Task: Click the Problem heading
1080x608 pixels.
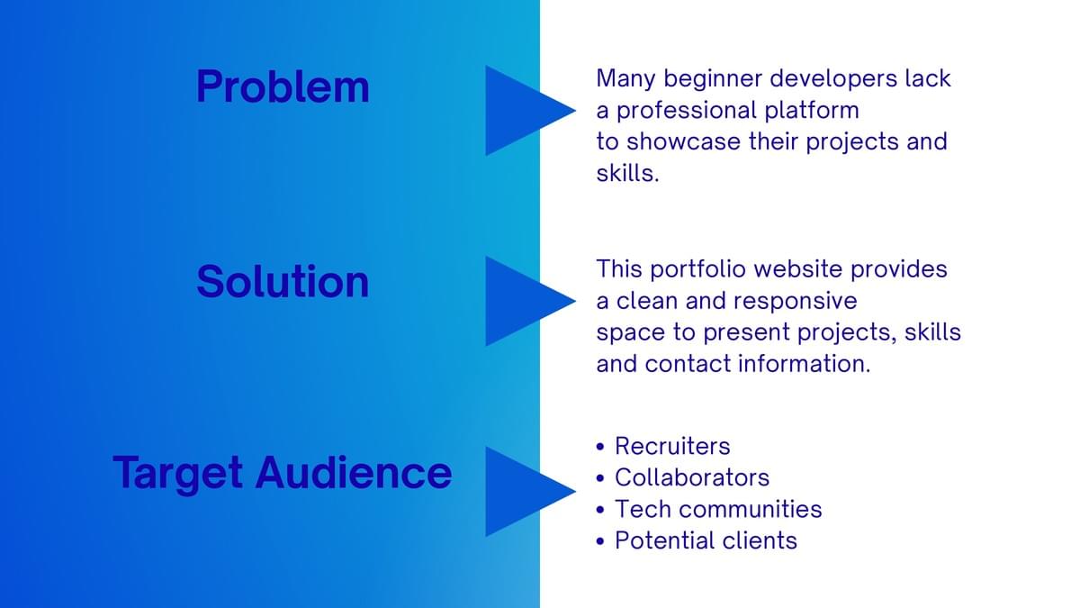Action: tap(283, 86)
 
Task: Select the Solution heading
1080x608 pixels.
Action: tap(283, 281)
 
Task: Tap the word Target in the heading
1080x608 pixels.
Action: tap(178, 474)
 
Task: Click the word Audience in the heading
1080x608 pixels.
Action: tap(354, 472)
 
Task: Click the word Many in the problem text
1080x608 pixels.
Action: tap(625, 79)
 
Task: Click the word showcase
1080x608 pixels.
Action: tap(683, 142)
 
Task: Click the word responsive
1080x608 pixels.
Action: tap(795, 302)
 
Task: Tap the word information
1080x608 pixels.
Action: tap(805, 364)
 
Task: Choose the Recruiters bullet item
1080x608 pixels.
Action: tap(672, 446)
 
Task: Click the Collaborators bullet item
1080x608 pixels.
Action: tap(692, 477)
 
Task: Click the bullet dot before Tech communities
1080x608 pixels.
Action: tap(600, 510)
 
